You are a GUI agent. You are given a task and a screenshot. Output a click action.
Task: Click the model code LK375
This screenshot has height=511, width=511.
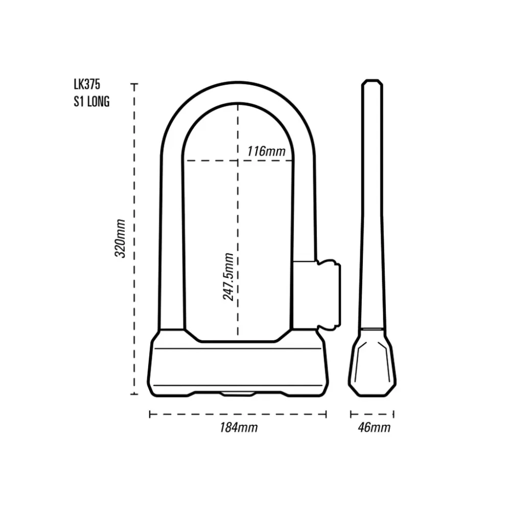(87, 85)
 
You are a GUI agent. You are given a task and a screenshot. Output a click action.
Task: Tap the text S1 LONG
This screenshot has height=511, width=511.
(91, 102)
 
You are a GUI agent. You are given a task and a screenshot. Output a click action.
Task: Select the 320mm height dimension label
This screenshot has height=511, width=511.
(120, 238)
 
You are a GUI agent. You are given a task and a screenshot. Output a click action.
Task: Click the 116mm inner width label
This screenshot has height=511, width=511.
(266, 151)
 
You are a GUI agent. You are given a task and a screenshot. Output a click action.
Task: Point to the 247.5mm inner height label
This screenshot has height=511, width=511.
(228, 276)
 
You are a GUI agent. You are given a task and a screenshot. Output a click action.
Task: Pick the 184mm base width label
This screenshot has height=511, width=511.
(239, 427)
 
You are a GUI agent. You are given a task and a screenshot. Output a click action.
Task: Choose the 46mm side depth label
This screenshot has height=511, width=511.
(374, 427)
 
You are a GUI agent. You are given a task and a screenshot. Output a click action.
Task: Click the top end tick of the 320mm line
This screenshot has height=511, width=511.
(134, 84)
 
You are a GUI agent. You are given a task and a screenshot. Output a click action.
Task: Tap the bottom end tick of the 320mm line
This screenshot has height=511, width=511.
(134, 394)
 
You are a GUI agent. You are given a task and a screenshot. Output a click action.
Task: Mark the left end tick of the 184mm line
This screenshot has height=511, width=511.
(150, 414)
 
